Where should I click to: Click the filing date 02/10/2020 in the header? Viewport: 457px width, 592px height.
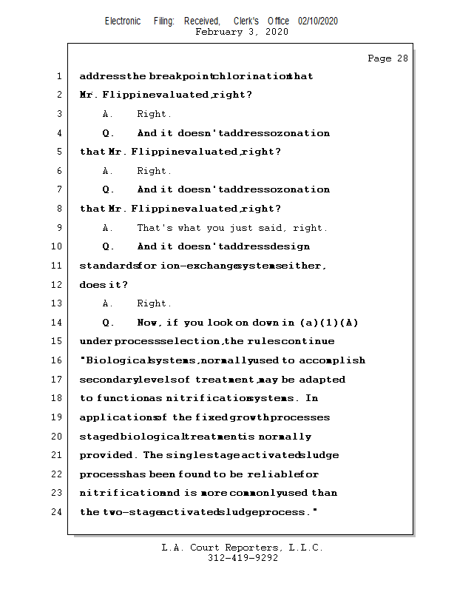tap(318, 21)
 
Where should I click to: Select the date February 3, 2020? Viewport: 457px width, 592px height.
tap(242, 32)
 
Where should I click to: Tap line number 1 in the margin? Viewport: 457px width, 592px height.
tap(58, 76)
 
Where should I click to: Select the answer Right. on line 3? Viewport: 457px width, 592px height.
tap(154, 114)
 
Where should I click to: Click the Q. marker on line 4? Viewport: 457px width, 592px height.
tap(108, 133)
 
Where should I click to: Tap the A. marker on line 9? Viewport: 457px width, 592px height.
tap(108, 228)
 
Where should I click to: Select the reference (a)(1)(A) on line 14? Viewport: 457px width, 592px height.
tap(329, 323)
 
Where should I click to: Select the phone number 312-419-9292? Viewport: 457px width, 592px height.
tap(243, 558)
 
